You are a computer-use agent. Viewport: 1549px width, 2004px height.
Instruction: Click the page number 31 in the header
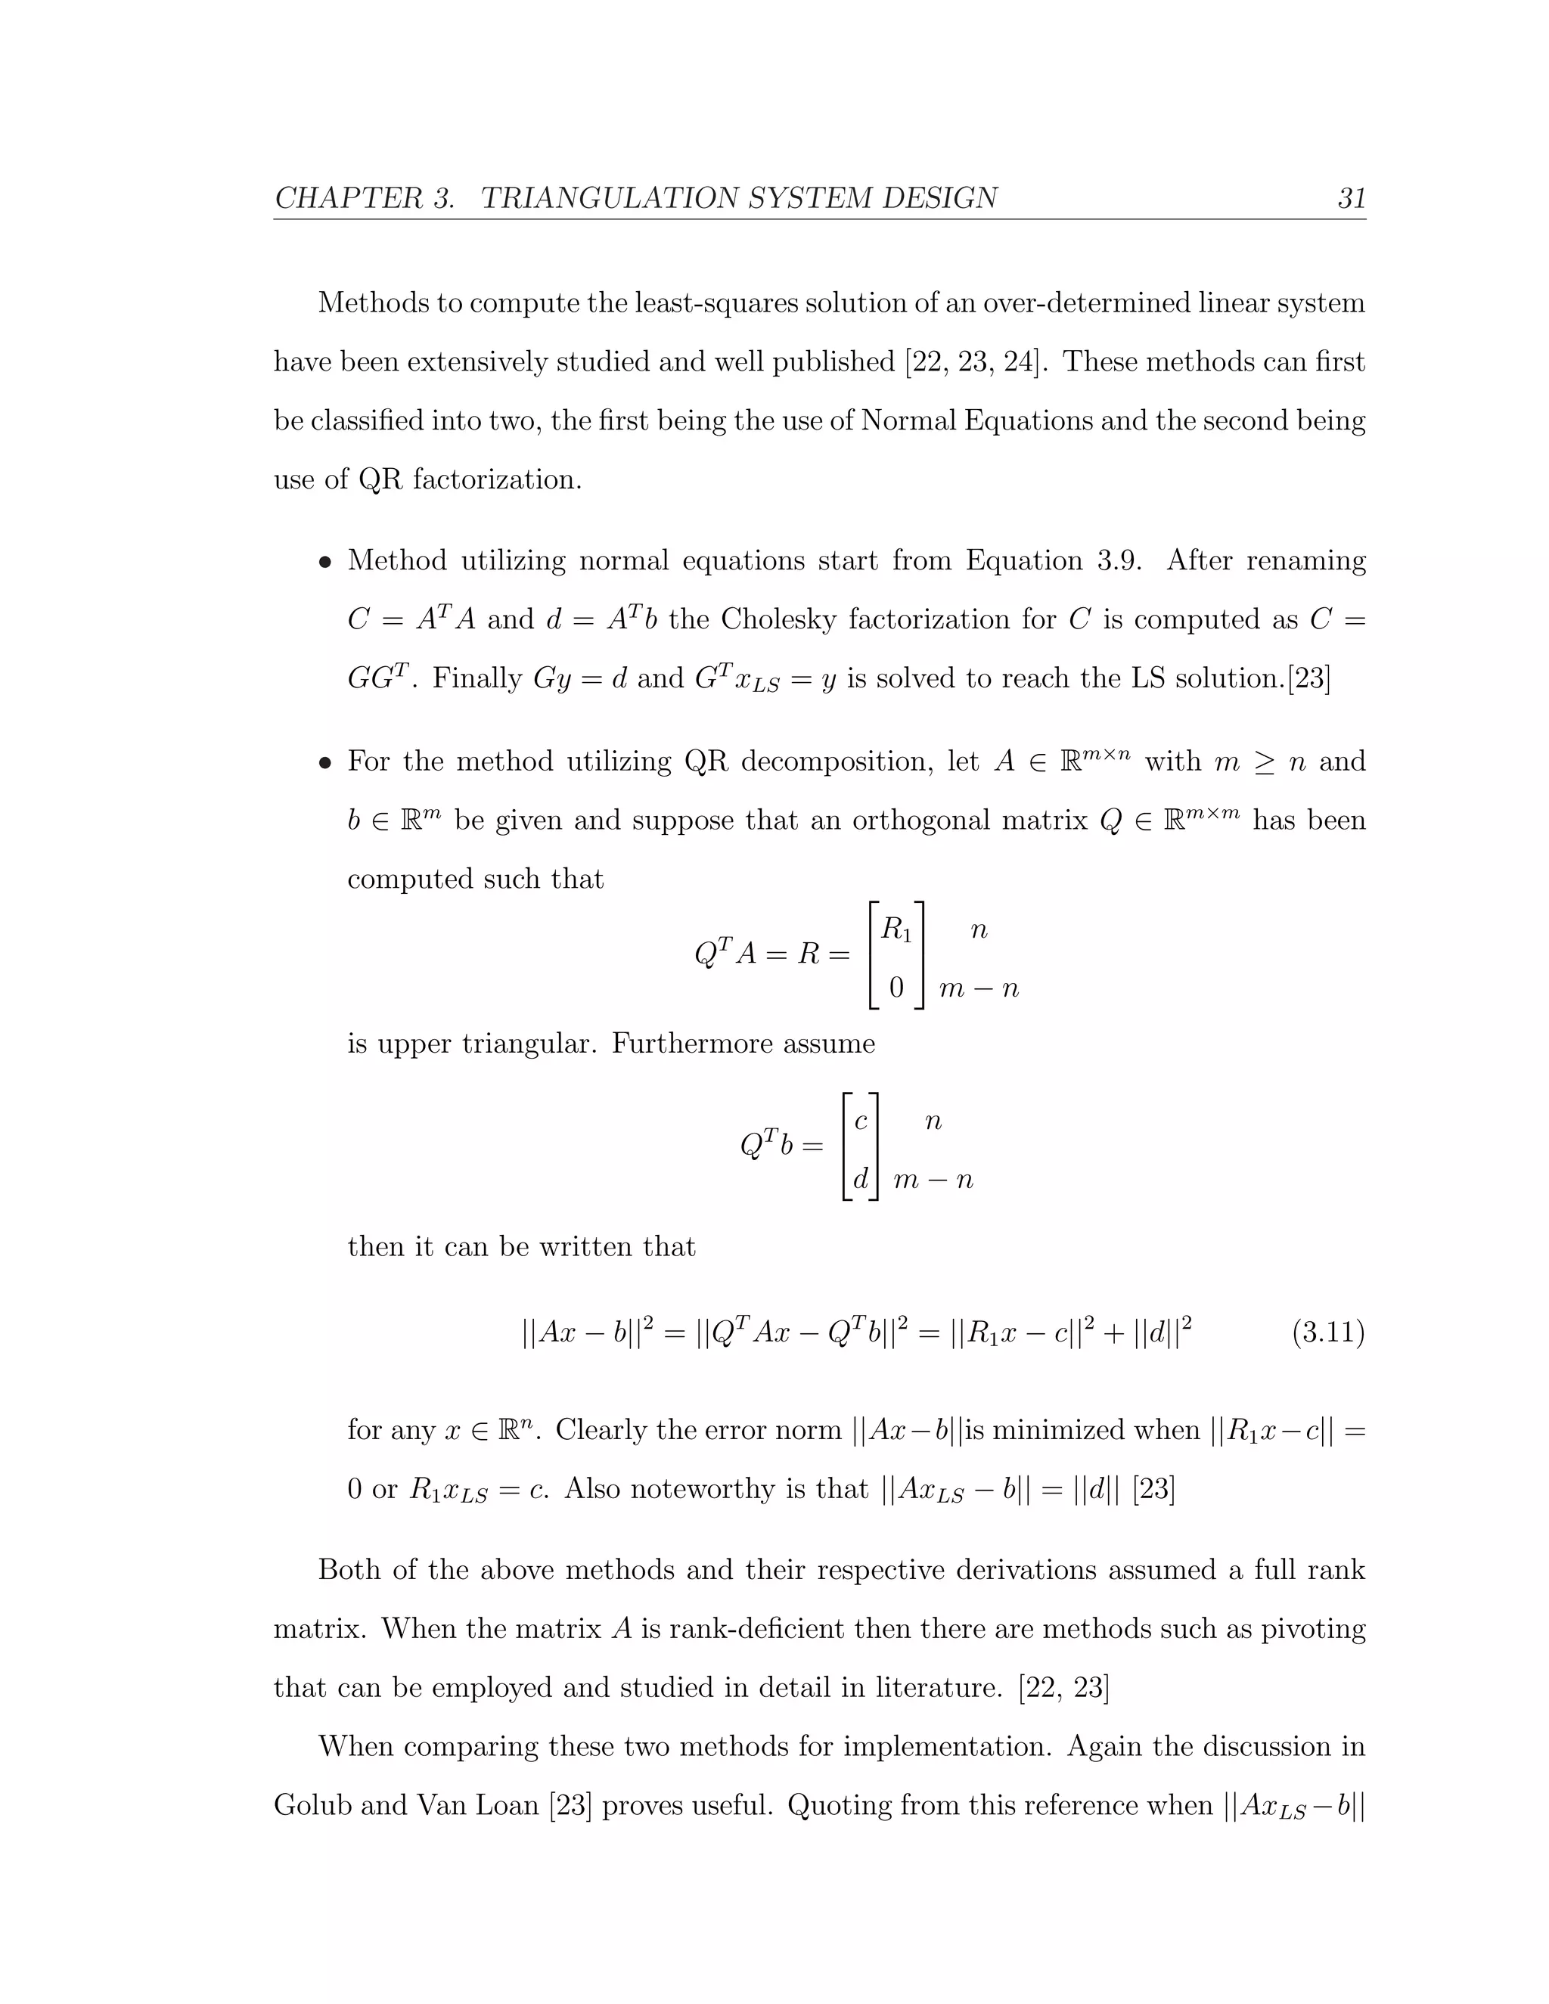coord(1351,198)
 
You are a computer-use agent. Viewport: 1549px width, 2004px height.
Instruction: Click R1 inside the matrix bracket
coord(896,930)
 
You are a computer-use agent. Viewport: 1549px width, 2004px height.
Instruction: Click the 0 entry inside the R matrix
coord(896,988)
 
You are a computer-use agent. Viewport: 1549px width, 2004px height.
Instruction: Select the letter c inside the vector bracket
coord(861,1121)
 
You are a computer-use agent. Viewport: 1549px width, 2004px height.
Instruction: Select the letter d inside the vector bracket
coord(861,1179)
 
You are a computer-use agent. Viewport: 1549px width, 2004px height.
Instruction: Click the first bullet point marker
coord(324,563)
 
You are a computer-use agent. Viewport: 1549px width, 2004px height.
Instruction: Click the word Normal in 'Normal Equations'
coord(908,421)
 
